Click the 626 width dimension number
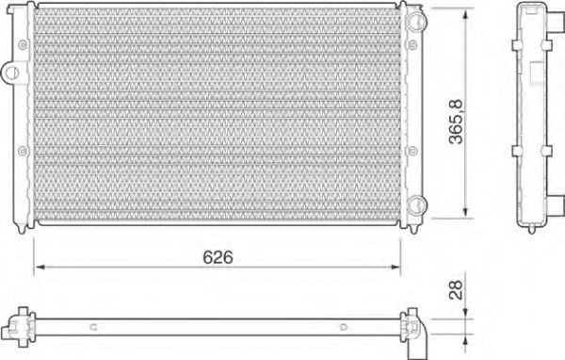tap(217, 256)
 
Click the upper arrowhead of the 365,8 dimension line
tap(468, 13)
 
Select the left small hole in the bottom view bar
tap(93, 328)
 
